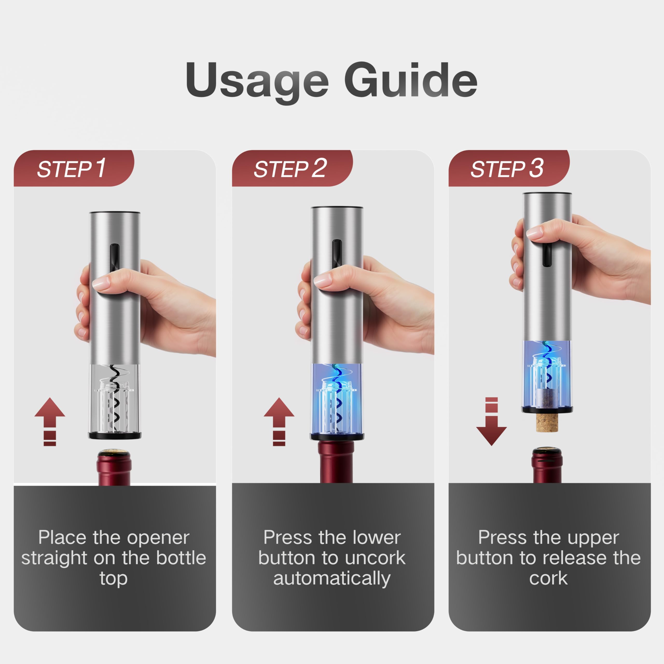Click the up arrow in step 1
pyautogui.click(x=50, y=421)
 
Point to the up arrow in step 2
pyautogui.click(x=279, y=421)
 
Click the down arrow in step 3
pyautogui.click(x=492, y=421)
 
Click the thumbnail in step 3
pyautogui.click(x=534, y=233)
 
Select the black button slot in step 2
pyautogui.click(x=337, y=254)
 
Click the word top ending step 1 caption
pyautogui.click(x=114, y=579)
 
